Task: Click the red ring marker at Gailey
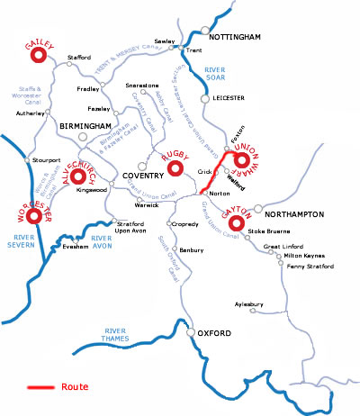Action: (x=38, y=55)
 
